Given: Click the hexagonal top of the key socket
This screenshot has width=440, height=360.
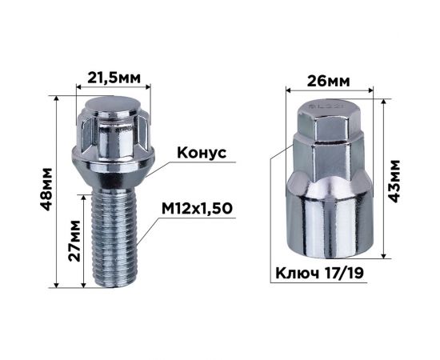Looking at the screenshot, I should [327, 128].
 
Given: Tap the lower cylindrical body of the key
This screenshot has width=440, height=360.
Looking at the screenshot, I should [327, 216].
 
